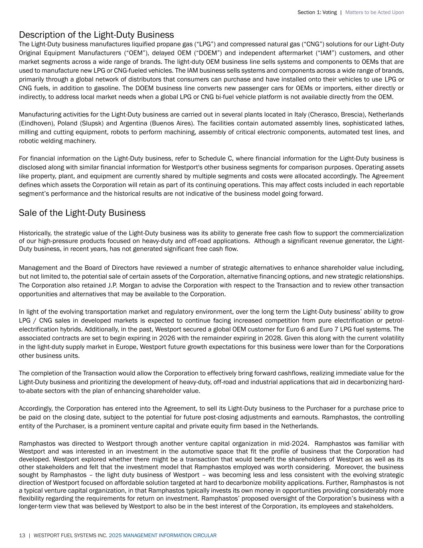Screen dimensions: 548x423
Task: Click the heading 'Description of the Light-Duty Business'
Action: coord(96,35)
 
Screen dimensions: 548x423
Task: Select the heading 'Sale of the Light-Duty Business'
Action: coord(82,213)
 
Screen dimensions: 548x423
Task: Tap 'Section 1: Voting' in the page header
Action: coord(317,12)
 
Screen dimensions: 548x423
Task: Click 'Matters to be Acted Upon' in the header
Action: coord(374,12)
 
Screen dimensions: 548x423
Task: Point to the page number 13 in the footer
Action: coord(22,536)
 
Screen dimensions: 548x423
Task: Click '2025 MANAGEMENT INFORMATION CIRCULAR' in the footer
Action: coord(162,536)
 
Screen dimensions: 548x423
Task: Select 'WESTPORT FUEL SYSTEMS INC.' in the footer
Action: coord(70,536)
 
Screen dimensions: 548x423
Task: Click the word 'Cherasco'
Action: coord(324,114)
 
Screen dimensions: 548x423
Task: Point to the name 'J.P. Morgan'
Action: coord(124,285)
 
